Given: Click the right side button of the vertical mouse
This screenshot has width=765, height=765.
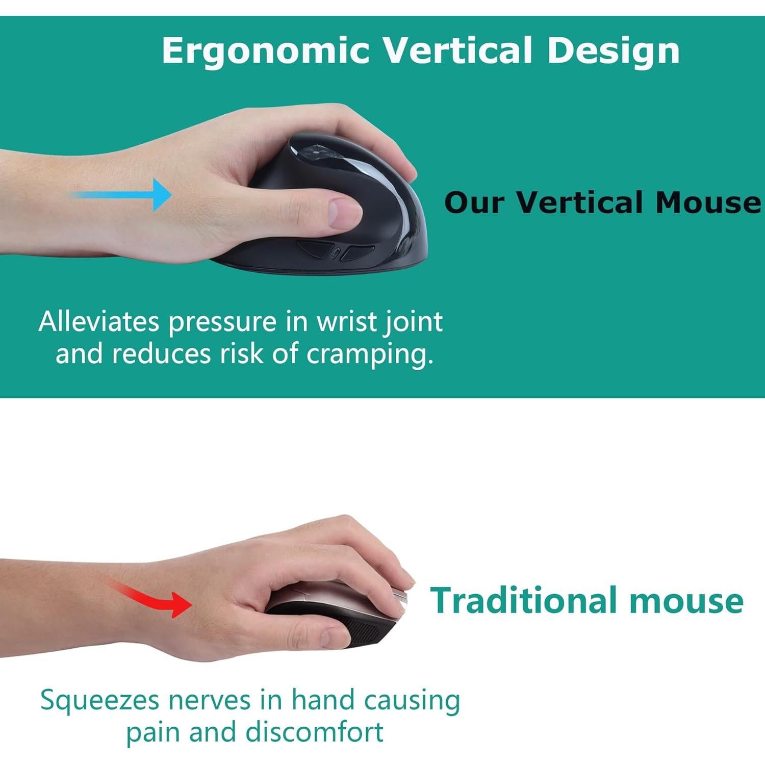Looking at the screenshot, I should click(357, 252).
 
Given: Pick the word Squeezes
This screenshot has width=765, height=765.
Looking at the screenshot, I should click(99, 701).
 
